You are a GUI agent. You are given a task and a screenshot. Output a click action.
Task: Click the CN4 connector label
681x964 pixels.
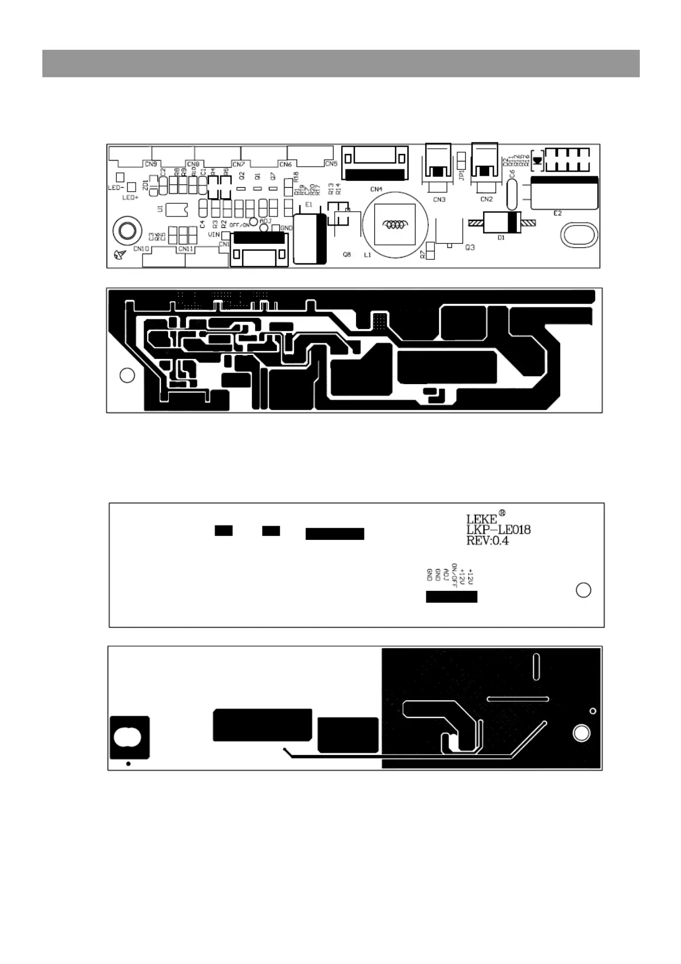(376, 189)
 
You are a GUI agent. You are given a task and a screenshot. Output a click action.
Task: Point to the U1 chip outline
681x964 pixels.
(177, 210)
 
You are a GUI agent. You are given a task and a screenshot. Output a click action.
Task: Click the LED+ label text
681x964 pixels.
(130, 197)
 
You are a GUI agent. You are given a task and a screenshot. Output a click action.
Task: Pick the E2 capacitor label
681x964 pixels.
(557, 213)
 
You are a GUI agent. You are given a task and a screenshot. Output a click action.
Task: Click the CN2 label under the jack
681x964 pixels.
(486, 199)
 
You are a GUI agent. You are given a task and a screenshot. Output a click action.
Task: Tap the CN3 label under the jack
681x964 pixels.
(439, 199)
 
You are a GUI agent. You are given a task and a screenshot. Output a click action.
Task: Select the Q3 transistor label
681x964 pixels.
(470, 247)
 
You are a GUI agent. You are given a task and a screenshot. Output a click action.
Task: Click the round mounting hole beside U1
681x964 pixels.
(126, 231)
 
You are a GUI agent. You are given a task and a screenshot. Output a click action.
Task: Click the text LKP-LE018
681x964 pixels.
(498, 530)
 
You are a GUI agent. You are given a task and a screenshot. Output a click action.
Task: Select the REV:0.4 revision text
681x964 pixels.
(487, 540)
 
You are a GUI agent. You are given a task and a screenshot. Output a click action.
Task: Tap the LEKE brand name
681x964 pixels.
(482, 519)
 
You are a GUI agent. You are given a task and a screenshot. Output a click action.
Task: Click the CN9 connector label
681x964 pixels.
(151, 164)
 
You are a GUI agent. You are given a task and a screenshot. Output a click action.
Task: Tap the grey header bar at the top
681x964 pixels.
(340, 63)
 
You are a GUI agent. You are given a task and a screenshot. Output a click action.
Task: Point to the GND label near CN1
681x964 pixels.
(286, 228)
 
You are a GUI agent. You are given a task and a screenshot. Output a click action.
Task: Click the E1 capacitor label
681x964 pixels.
(309, 204)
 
